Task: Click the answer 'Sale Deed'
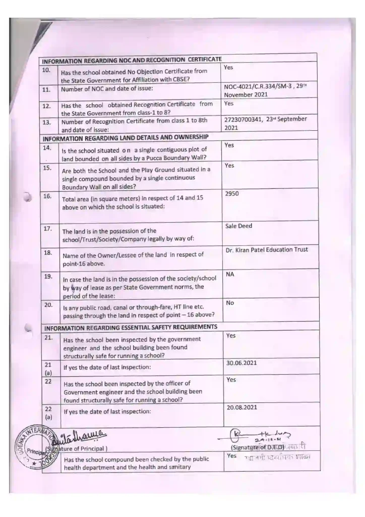pyautogui.click(x=238, y=226)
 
